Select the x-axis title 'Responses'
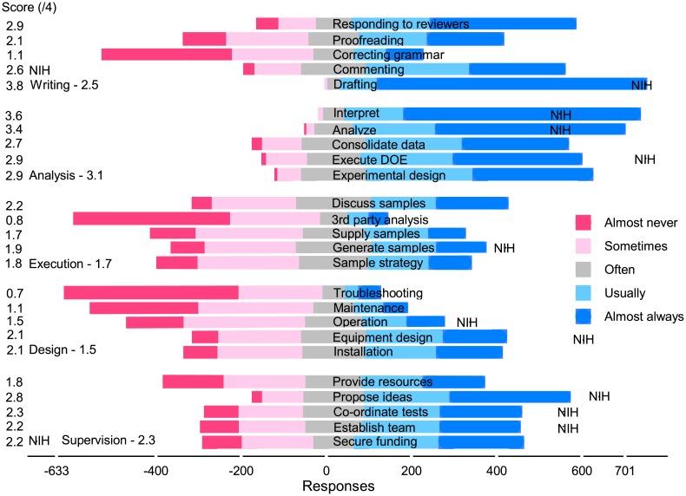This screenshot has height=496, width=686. [338, 486]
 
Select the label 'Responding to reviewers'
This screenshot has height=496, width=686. [400, 23]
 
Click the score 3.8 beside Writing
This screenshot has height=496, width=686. [14, 85]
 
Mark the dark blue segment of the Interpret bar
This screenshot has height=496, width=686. [521, 114]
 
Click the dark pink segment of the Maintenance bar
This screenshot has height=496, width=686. [144, 307]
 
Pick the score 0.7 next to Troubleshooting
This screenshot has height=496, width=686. [14, 293]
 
